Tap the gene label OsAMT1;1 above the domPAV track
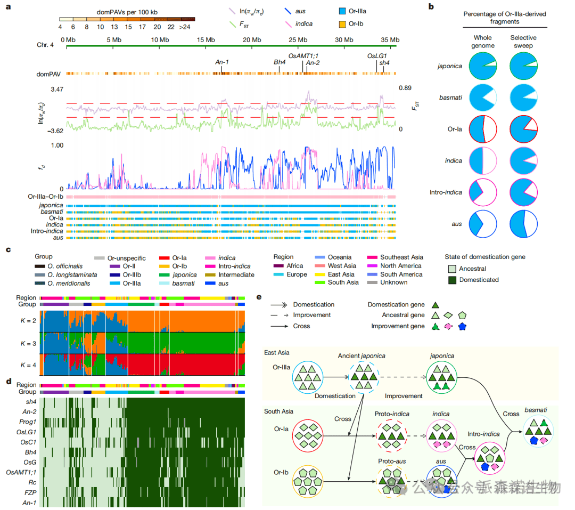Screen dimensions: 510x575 click(304, 55)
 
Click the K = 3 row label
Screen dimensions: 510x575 click(28, 344)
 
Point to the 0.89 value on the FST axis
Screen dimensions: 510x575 click(405, 88)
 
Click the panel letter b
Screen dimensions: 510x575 click(431, 6)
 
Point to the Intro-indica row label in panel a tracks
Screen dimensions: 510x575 click(47, 231)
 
